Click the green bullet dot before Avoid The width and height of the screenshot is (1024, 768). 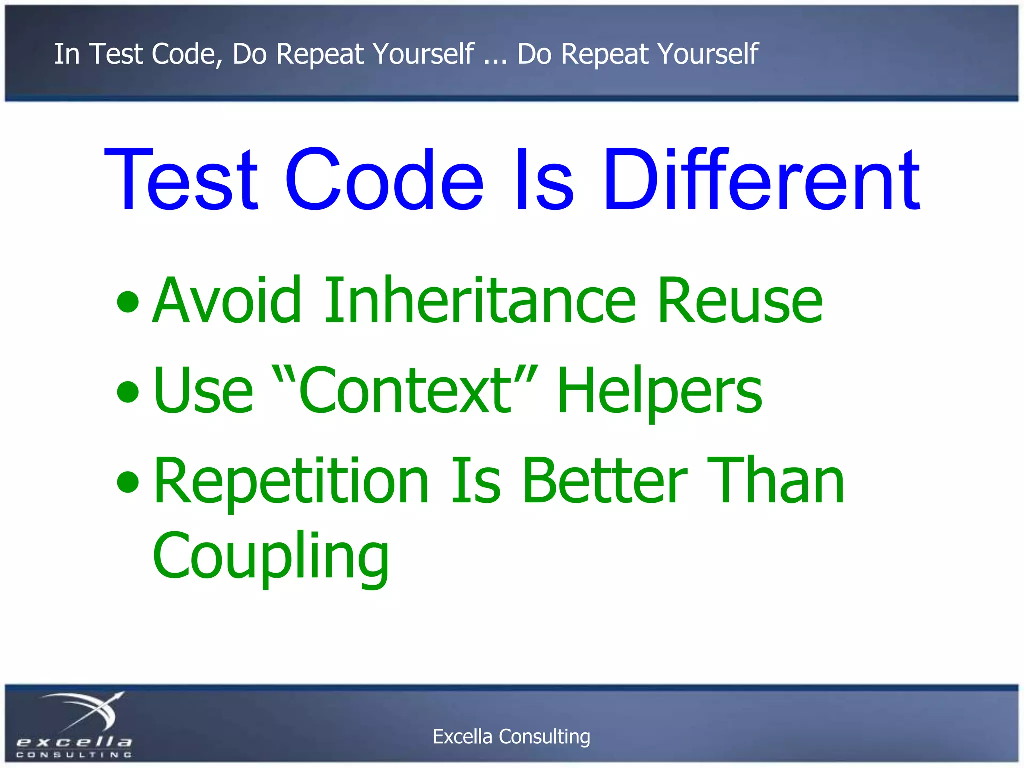[128, 302]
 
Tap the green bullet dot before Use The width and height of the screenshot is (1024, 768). [128, 392]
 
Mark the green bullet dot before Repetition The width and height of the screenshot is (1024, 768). [128, 482]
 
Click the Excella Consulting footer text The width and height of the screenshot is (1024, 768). [511, 737]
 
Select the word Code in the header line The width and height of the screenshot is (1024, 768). [187, 54]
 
